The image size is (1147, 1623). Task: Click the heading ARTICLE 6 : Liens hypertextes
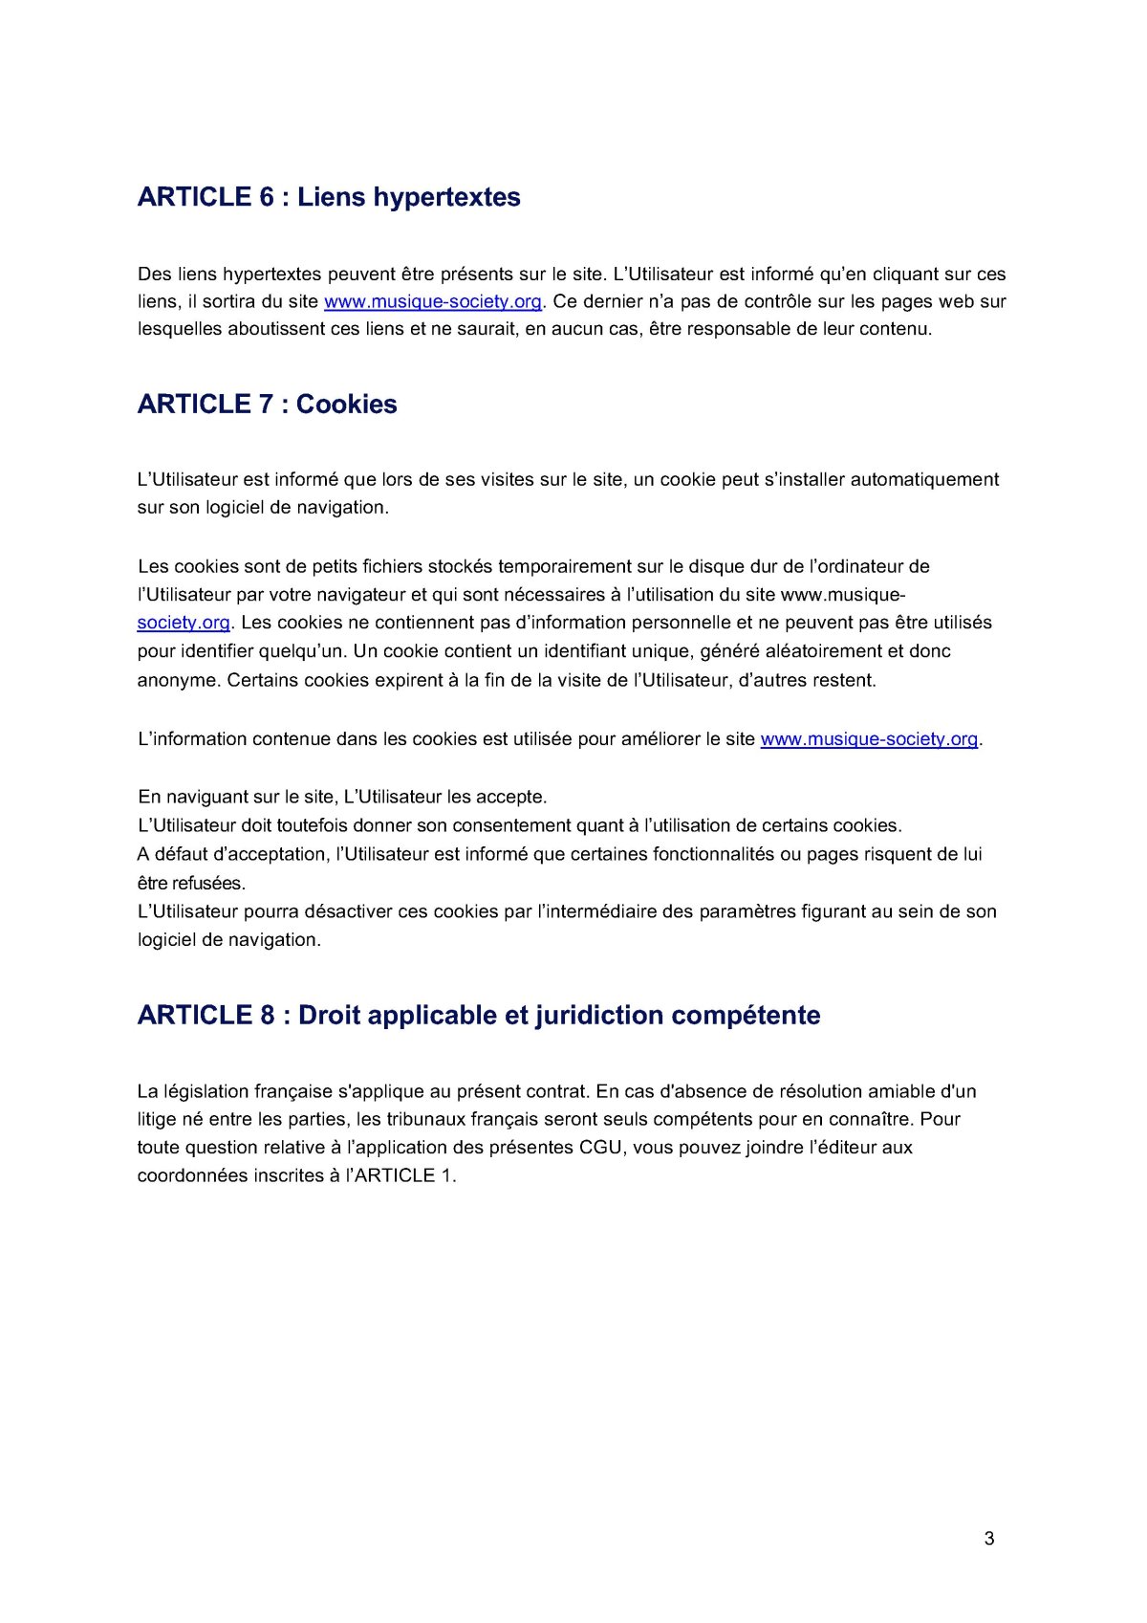(x=329, y=197)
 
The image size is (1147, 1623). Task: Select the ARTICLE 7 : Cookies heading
(x=267, y=405)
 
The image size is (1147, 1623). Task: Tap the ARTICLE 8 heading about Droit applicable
(x=478, y=1016)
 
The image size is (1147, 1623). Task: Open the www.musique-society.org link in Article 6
(x=433, y=302)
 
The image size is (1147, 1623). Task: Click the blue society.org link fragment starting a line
(x=184, y=624)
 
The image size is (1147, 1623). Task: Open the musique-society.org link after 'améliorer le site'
(x=869, y=739)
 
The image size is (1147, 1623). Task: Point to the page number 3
(x=989, y=1539)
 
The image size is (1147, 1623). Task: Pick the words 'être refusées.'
(x=191, y=884)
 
